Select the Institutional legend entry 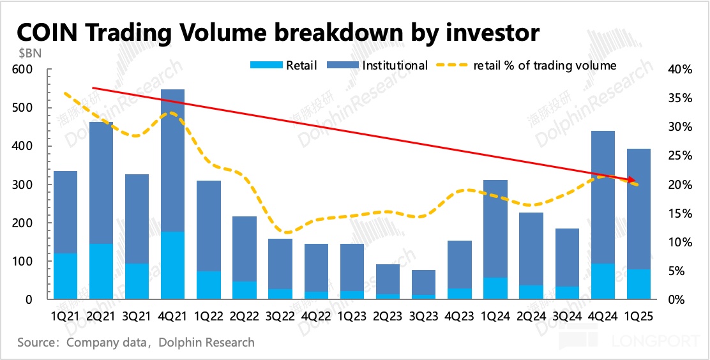(x=395, y=65)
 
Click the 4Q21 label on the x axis (x=172, y=315)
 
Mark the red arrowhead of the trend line (x=632, y=180)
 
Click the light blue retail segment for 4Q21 (x=172, y=266)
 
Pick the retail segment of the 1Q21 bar (x=65, y=276)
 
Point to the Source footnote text (x=135, y=343)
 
